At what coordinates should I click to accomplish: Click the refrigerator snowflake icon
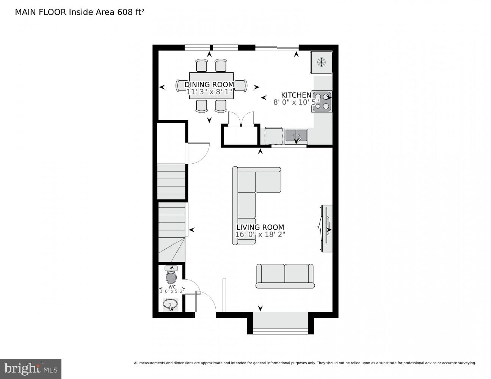point(321,62)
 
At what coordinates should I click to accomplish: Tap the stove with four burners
point(322,102)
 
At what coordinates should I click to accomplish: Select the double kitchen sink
point(296,135)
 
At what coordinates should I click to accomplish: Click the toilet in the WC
point(171,277)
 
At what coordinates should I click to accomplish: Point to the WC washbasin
point(171,304)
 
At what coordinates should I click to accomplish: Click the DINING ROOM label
point(209,85)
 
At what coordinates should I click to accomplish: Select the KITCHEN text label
point(296,95)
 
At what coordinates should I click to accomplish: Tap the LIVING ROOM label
point(260,227)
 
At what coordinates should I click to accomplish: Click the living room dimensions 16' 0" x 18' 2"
point(260,235)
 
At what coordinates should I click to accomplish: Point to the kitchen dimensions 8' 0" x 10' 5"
point(296,102)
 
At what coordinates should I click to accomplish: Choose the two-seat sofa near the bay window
point(285,276)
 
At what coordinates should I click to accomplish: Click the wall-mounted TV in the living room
point(326,228)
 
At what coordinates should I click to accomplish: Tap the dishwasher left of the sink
point(273,136)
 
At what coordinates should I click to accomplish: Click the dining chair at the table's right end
point(241,85)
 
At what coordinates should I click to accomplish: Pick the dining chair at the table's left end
point(181,85)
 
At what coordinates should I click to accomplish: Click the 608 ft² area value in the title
point(129,12)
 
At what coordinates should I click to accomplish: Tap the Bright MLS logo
point(31,368)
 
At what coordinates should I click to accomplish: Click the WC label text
point(172,287)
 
